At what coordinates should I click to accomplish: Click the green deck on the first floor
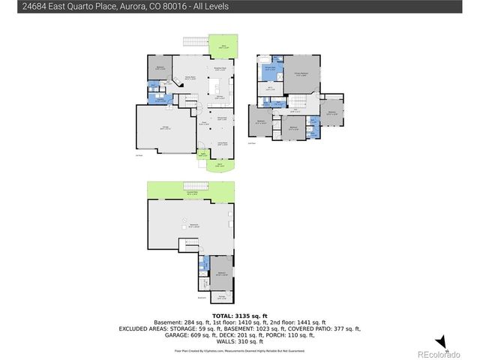pos(222,46)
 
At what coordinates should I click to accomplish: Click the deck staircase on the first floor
pos(195,42)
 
